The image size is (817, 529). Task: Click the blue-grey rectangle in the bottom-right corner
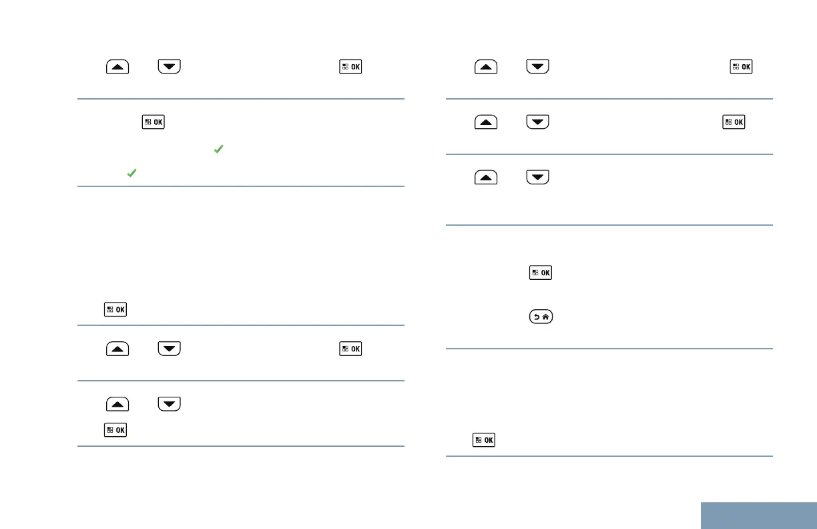coord(759,515)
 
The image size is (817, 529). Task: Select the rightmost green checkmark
coord(218,151)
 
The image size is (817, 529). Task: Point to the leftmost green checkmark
coord(132,172)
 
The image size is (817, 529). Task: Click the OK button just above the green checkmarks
coord(153,122)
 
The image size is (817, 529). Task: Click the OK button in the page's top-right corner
coord(741,67)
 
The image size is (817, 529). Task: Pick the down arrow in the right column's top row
coord(537,67)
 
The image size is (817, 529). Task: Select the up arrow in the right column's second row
coord(487,122)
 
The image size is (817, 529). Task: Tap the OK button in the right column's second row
coord(734,122)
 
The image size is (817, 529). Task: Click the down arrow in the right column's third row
coord(537,177)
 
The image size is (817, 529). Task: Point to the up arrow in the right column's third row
coord(487,177)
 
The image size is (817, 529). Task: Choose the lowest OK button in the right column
coord(484,440)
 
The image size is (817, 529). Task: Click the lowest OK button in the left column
coord(115,431)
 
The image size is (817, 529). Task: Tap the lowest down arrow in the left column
coord(169,403)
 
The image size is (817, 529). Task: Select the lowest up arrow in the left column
coord(117,403)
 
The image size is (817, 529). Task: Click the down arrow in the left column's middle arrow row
coord(169,348)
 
